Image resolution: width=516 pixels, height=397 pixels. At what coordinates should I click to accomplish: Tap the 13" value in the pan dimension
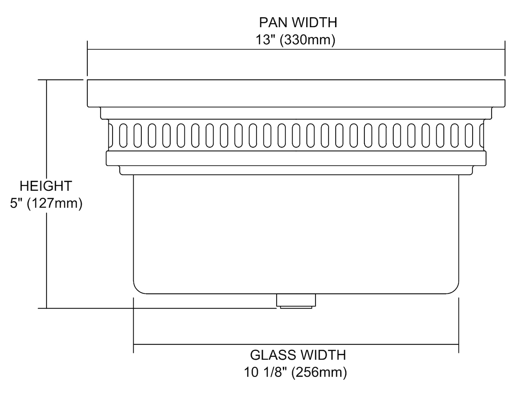point(264,40)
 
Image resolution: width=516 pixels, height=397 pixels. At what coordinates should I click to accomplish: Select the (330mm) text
point(307,40)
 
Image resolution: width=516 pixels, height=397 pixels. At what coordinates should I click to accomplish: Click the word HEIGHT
point(45,186)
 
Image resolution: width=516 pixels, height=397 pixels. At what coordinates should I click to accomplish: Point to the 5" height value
point(16,203)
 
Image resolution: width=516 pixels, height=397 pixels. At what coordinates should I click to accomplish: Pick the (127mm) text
point(55,203)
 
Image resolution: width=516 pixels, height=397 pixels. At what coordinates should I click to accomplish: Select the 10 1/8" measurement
point(266,372)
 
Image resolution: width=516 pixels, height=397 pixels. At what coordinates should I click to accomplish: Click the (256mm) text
point(319,372)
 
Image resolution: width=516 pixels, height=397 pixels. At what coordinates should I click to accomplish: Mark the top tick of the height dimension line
point(46,80)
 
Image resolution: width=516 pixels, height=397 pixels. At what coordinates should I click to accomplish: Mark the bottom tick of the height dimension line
point(46,308)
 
